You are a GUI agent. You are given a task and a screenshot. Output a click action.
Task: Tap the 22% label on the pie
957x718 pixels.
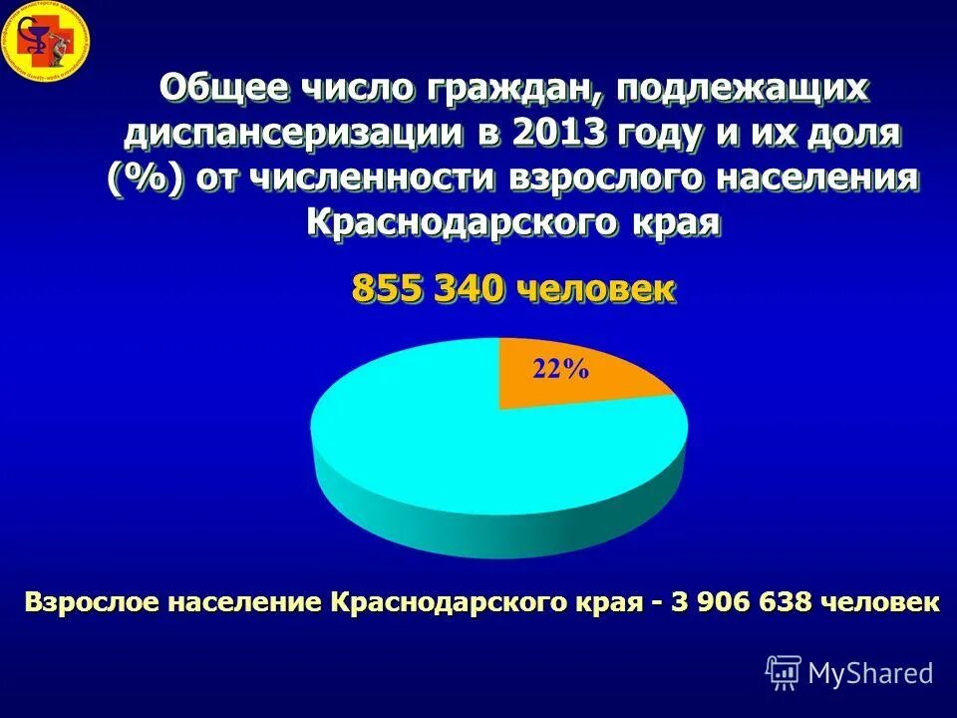pyautogui.click(x=561, y=369)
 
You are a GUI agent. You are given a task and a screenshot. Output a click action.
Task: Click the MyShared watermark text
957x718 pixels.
pyautogui.click(x=870, y=673)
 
